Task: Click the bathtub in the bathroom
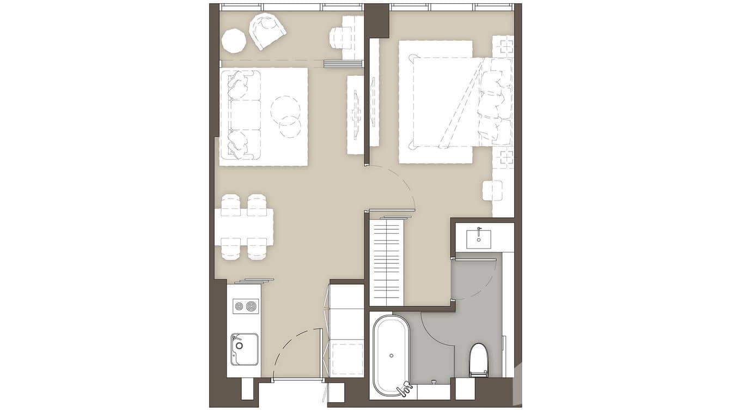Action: tap(391, 355)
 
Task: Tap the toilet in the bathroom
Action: tap(479, 360)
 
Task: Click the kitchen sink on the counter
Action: tap(244, 349)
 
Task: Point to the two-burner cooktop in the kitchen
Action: tap(246, 306)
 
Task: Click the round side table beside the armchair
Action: tap(234, 41)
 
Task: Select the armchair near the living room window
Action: tap(267, 30)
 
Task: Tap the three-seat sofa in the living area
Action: tap(240, 115)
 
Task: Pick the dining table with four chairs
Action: tap(243, 227)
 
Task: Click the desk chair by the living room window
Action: tap(340, 38)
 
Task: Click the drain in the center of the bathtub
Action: tap(391, 355)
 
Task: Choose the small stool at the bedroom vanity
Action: tap(492, 190)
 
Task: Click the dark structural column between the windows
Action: tap(376, 20)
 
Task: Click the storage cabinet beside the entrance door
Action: tap(346, 330)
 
